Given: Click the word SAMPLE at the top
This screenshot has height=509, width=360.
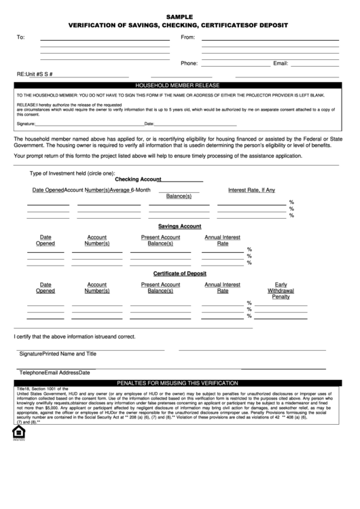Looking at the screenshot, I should [x=179, y=15].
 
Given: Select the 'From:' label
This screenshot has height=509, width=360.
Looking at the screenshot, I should [x=187, y=37].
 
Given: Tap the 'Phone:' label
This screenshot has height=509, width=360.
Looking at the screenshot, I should [x=189, y=63].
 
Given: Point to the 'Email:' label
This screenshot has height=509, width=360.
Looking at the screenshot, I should [x=281, y=63].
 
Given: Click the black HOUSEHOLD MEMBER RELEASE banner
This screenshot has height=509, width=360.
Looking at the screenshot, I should [x=179, y=86].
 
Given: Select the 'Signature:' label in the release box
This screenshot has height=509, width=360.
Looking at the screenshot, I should [x=26, y=124].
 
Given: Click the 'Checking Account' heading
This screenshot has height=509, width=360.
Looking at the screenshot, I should [x=138, y=179].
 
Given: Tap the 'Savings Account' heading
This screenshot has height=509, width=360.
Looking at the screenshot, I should [x=179, y=226].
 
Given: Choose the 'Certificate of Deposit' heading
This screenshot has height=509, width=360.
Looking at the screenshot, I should [x=179, y=273].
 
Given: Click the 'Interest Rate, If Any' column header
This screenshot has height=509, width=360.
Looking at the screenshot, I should [x=251, y=190].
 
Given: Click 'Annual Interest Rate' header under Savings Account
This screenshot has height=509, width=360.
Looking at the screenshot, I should [x=223, y=240].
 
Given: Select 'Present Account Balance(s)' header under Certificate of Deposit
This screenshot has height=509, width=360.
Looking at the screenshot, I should [x=160, y=287].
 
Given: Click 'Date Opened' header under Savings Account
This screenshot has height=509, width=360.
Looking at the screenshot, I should [x=46, y=240].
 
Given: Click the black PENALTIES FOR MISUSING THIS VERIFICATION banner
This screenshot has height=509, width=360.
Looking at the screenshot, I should [x=179, y=383].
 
